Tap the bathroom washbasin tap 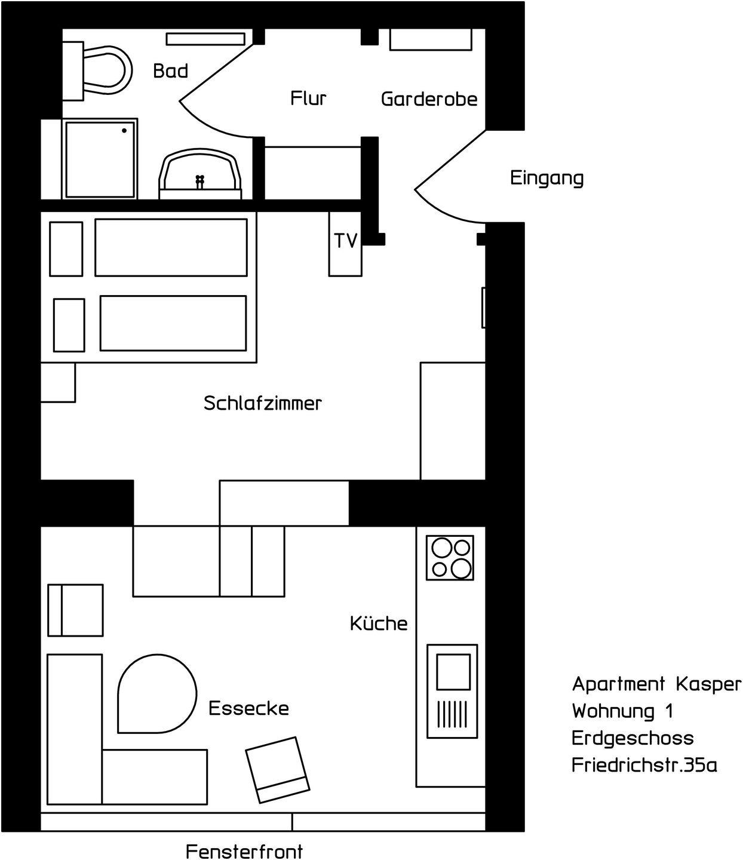(200, 182)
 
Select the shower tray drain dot (124, 131)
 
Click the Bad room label (170, 71)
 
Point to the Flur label (308, 98)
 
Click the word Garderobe (429, 99)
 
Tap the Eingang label (546, 178)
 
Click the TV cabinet (345, 244)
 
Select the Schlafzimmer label (263, 403)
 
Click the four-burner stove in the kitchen (450, 558)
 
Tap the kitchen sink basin (453, 672)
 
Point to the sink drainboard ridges (452, 714)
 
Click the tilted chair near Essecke (278, 770)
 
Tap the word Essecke (248, 708)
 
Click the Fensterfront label (244, 848)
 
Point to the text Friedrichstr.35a (644, 764)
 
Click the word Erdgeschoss (633, 739)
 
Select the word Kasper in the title (709, 684)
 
